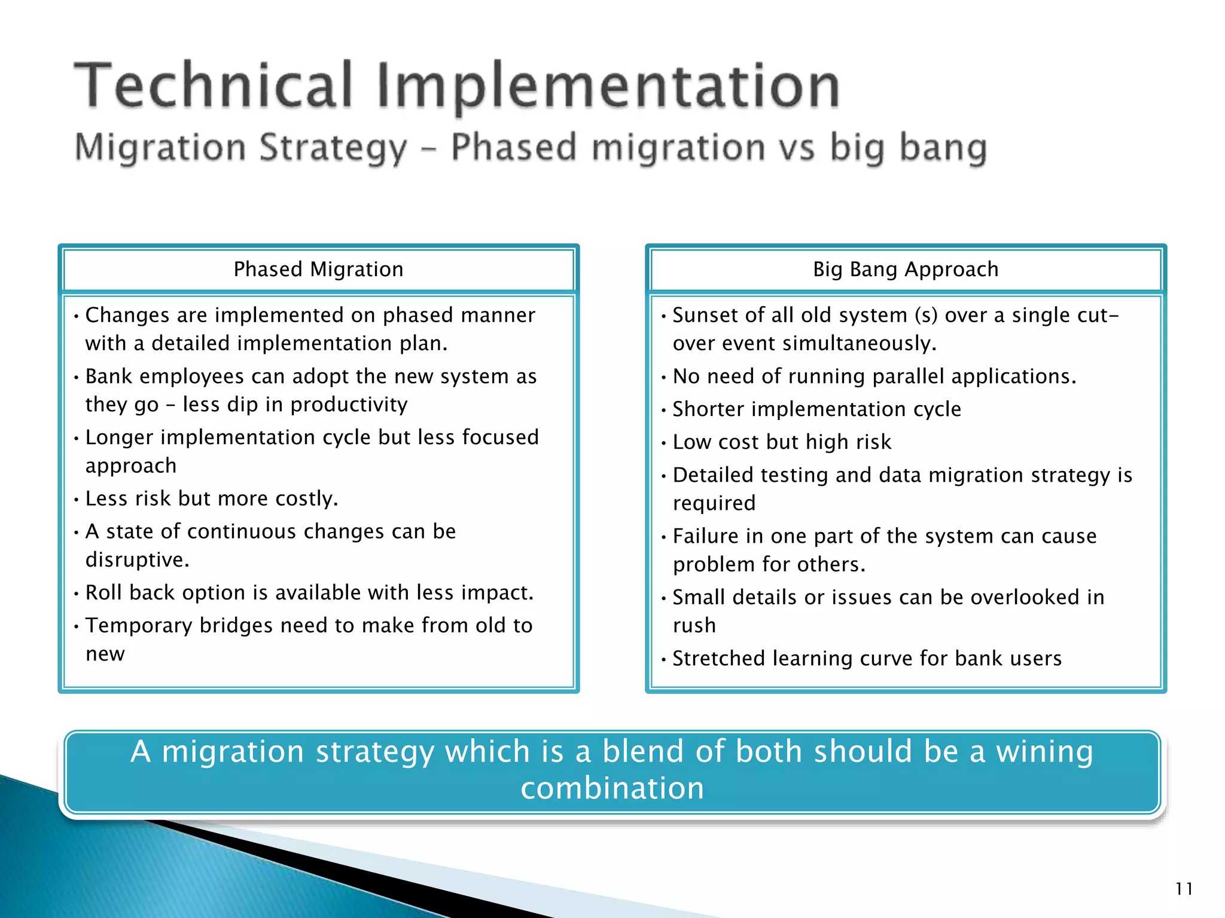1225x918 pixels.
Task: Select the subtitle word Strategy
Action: point(334,148)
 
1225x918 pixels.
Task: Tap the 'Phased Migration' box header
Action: point(318,270)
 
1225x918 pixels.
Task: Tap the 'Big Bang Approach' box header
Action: point(906,270)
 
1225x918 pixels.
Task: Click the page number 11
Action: point(1184,889)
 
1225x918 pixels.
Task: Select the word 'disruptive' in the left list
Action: point(136,560)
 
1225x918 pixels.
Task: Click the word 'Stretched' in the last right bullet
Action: point(718,659)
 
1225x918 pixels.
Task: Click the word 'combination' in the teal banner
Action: point(612,788)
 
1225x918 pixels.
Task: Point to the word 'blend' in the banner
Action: point(642,751)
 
